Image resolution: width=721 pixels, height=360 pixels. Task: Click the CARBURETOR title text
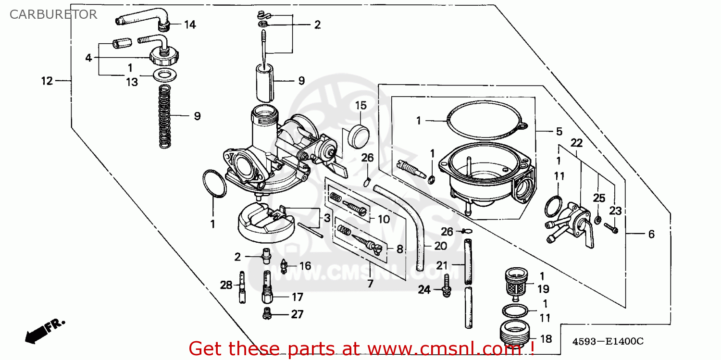[53, 14]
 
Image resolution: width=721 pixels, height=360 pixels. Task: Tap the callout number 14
[190, 25]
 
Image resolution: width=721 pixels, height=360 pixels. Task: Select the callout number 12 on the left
[47, 81]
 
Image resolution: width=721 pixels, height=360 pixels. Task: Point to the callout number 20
[440, 246]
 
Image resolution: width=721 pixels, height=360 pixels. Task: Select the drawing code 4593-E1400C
[607, 342]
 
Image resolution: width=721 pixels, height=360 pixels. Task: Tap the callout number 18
[546, 339]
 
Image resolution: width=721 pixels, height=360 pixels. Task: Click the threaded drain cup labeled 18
[514, 331]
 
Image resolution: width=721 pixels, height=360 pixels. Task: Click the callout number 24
[424, 289]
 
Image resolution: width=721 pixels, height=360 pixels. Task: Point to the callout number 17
[297, 297]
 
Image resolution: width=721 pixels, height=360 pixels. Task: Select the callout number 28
[226, 286]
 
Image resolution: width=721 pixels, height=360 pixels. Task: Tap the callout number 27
[297, 314]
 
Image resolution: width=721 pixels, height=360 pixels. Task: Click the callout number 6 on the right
[651, 234]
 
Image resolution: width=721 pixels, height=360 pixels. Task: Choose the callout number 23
[616, 211]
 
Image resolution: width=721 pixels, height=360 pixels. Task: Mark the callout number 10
[383, 220]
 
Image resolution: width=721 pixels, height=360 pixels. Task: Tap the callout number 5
[559, 131]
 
